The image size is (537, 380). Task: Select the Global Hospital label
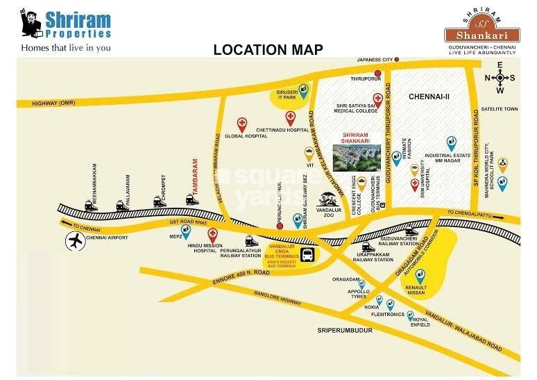tap(242, 137)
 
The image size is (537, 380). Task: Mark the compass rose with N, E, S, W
tap(500, 78)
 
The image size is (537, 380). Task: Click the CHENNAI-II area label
tap(429, 97)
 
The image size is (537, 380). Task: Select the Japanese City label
tap(375, 60)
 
